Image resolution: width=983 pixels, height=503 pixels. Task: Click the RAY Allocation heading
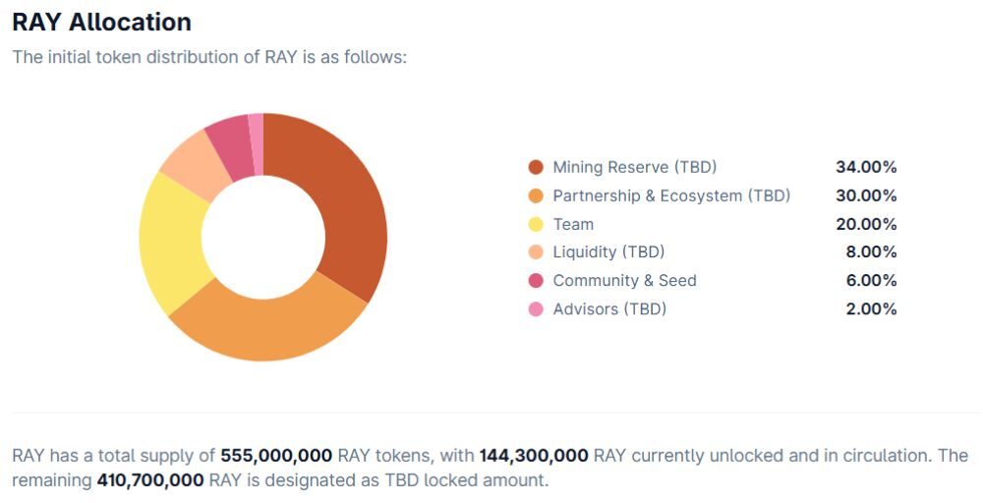click(x=101, y=22)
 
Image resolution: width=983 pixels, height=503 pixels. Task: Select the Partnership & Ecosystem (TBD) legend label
click(x=671, y=196)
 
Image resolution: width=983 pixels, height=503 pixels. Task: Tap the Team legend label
click(x=573, y=224)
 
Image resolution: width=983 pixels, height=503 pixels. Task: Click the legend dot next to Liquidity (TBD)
click(x=536, y=252)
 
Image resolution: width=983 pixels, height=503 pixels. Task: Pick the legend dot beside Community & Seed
click(x=536, y=281)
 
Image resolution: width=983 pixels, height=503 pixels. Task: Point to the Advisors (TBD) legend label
click(x=609, y=308)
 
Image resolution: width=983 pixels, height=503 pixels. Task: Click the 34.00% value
click(x=866, y=167)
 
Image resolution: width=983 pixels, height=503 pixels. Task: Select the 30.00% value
click(x=866, y=196)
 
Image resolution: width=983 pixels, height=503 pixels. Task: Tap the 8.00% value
click(x=871, y=252)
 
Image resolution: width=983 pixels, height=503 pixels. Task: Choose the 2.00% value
click(x=871, y=308)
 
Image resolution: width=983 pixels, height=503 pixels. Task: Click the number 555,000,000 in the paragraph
click(x=276, y=456)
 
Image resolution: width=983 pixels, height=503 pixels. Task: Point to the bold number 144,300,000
click(x=534, y=456)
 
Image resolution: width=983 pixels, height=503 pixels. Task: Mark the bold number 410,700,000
click(x=150, y=480)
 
